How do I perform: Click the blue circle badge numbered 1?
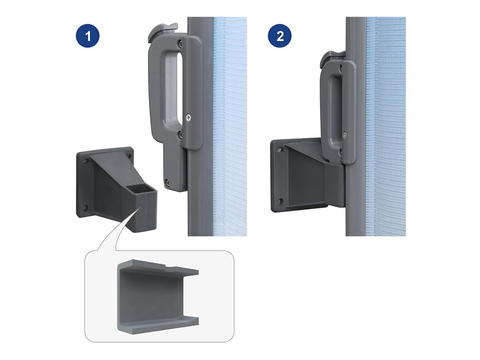[88, 36]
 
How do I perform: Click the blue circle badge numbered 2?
[280, 36]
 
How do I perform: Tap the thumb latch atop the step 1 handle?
[162, 30]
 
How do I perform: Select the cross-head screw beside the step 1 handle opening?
[188, 117]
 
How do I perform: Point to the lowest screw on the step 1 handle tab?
[168, 183]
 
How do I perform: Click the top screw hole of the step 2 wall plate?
[279, 150]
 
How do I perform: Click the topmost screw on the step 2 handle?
[341, 70]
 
